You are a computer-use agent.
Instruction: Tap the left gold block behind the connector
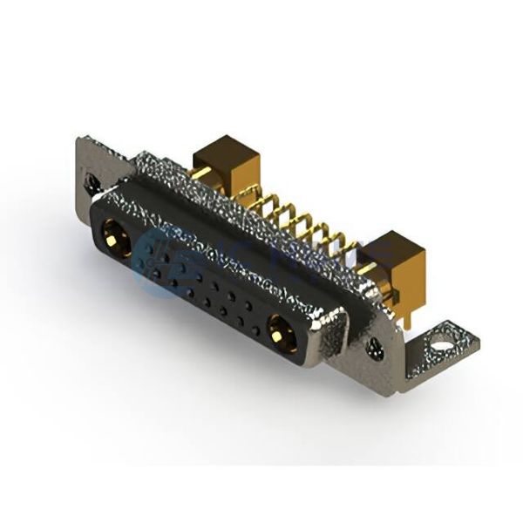coord(223,166)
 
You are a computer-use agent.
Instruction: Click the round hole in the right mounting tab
coord(441,346)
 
